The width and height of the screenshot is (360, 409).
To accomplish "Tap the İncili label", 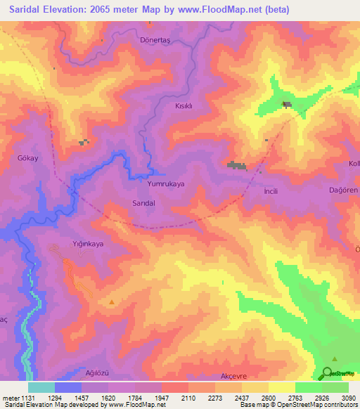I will [x=271, y=191].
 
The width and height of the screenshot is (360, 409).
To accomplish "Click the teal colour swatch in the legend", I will [x=41, y=387].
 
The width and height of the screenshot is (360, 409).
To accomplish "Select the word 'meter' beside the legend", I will [x=9, y=397].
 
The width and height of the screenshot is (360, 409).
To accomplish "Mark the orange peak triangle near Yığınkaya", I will [x=112, y=302].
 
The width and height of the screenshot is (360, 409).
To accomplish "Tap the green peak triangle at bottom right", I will [x=333, y=358].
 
